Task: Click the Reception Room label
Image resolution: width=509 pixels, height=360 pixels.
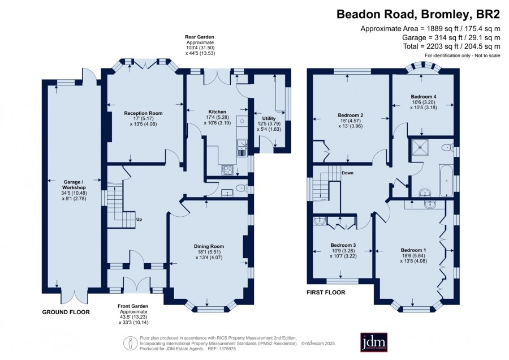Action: (x=143, y=113)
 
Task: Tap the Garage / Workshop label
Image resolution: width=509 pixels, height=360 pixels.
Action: (x=74, y=185)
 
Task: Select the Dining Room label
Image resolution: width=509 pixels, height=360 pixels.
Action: (x=209, y=246)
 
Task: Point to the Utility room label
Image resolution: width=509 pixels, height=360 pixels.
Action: (x=269, y=118)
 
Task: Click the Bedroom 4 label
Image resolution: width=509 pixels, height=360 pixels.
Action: (x=423, y=96)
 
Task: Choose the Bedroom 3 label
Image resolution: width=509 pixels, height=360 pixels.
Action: (x=343, y=245)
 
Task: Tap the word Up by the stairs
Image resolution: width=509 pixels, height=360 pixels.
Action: (x=139, y=219)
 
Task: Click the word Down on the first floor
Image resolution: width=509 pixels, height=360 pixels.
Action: (x=347, y=173)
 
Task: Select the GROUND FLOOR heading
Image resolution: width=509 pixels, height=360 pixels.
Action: (x=66, y=312)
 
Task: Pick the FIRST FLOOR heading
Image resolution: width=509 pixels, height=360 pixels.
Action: (x=326, y=293)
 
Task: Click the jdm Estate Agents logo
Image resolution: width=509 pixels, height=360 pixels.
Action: (x=374, y=342)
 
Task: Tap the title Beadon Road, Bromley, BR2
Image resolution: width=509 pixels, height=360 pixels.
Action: (x=418, y=14)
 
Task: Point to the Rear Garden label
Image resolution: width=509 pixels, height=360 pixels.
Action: (x=199, y=37)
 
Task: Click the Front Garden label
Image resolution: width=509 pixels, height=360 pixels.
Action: (x=133, y=306)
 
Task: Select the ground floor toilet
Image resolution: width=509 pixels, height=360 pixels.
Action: (x=240, y=188)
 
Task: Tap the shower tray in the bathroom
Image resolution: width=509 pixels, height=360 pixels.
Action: (x=420, y=148)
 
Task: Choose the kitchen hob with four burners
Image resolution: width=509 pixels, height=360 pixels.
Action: (x=227, y=170)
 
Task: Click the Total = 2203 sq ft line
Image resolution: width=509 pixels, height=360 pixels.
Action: (x=451, y=46)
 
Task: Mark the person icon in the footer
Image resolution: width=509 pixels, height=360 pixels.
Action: (x=130, y=343)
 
